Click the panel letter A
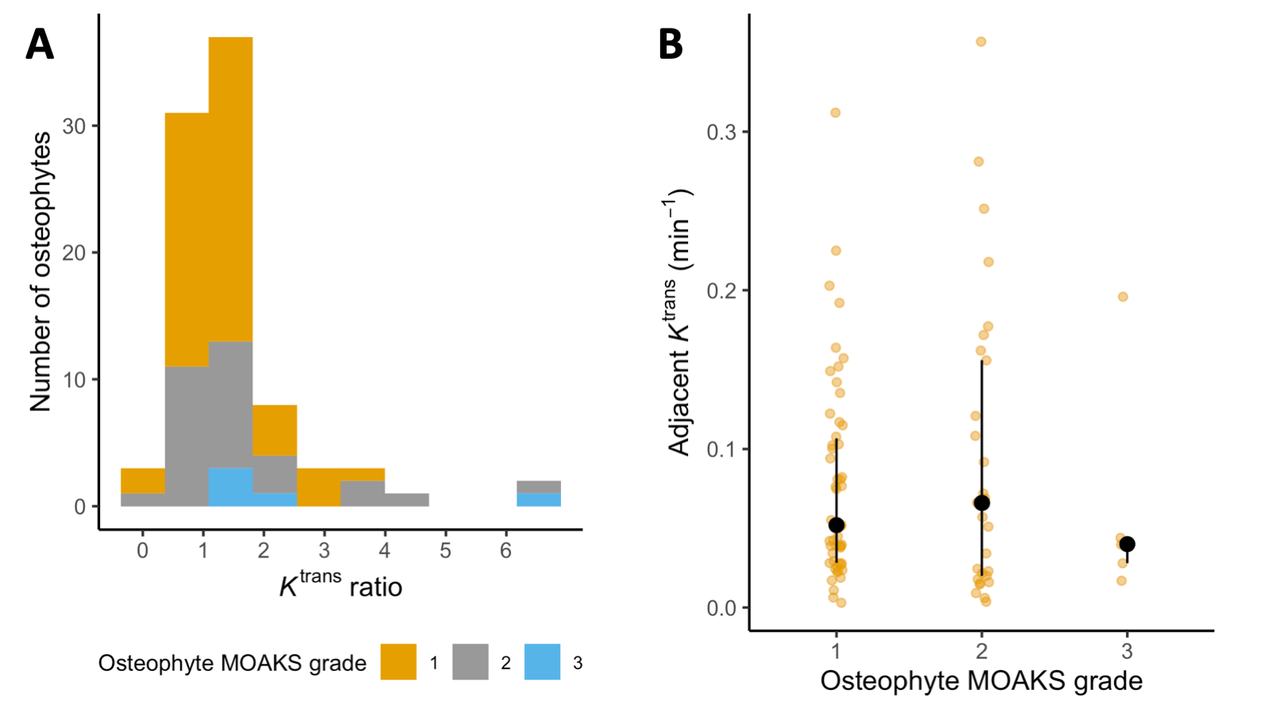coord(40,44)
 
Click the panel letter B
coord(671,44)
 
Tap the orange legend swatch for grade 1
coord(398,662)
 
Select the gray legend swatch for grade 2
coord(470,662)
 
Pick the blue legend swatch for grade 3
coord(542,662)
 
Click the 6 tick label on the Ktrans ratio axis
coord(506,550)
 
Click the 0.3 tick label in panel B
coord(721,132)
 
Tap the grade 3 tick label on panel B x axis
coord(1127,652)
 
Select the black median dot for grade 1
coord(836,525)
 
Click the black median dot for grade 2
coord(982,503)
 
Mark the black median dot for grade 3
coord(1127,544)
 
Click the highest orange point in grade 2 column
coord(981,42)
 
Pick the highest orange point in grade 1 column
coord(836,113)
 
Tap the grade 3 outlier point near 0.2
coord(1123,297)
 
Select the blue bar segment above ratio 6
coord(539,500)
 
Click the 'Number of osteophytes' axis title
coord(40,272)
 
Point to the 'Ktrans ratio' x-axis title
coord(341,585)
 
